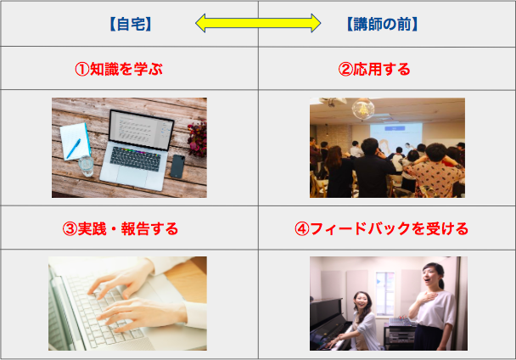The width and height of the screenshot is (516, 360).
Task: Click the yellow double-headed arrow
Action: click(x=258, y=23)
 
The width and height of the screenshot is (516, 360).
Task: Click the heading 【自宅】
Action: click(x=131, y=24)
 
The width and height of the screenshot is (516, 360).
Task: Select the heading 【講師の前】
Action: click(x=382, y=24)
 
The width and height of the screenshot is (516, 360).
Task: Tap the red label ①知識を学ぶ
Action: click(x=119, y=69)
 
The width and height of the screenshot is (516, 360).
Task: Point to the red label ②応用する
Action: click(x=374, y=69)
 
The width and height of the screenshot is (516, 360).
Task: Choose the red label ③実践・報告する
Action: click(x=121, y=228)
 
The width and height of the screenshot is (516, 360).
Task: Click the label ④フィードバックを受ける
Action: click(x=381, y=228)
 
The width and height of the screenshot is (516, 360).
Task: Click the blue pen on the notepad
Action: click(x=73, y=149)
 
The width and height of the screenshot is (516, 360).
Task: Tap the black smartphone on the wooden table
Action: click(x=177, y=166)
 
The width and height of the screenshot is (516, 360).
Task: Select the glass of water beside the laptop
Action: click(x=87, y=166)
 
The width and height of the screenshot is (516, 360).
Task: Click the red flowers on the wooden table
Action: click(x=198, y=139)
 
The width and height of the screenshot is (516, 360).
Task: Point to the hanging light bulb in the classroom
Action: click(x=363, y=109)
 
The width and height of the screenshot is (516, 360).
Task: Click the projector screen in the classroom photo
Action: click(x=395, y=136)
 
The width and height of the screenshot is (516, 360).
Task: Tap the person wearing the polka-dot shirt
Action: click(x=435, y=171)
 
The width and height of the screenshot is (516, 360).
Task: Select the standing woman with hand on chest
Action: click(x=431, y=307)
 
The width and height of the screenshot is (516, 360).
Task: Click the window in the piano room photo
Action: click(x=385, y=293)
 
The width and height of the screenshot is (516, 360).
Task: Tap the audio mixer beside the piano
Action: click(x=401, y=322)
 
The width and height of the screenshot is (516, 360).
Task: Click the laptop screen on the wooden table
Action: click(x=141, y=131)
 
